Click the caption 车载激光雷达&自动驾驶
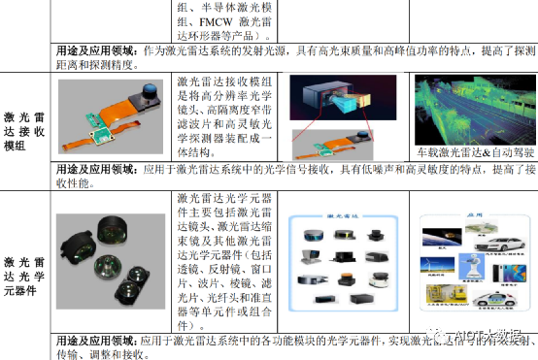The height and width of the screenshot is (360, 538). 470,152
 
